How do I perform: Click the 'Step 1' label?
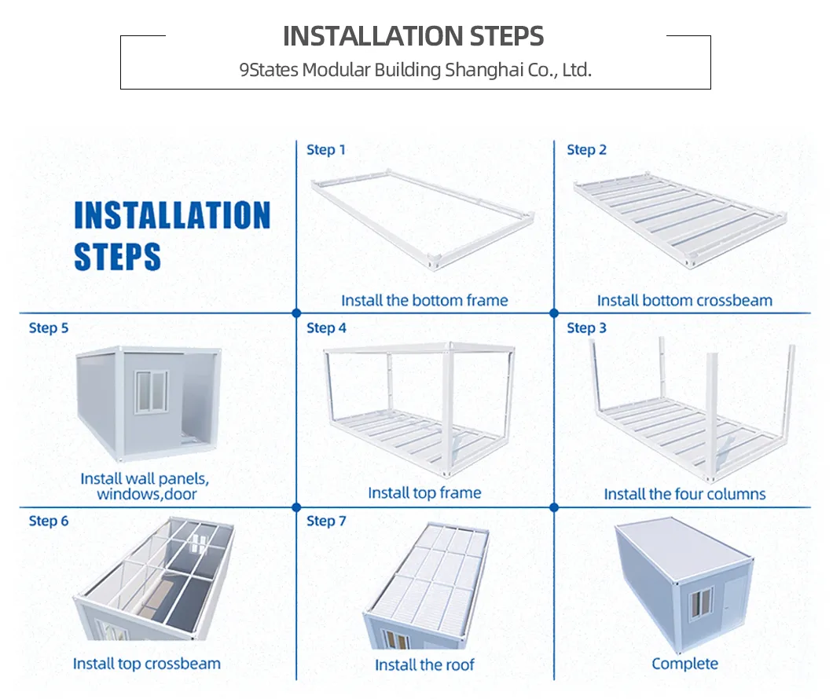tap(325, 150)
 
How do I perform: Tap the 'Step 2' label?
tap(586, 150)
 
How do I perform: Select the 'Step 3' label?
tap(586, 328)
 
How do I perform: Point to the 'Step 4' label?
tap(325, 328)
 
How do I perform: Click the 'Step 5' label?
tap(48, 328)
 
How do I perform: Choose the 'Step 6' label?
tap(48, 522)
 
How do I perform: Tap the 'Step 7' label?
tap(325, 522)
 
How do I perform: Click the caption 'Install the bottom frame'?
tap(424, 301)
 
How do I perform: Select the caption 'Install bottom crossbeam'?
tap(684, 301)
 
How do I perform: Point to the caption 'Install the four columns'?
tap(684, 495)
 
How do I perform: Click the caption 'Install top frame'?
tap(424, 493)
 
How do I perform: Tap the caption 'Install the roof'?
tap(424, 665)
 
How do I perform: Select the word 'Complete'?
tap(684, 664)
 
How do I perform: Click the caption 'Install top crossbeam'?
tap(146, 664)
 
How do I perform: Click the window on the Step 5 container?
tap(151, 392)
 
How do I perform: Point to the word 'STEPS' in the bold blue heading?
tap(117, 258)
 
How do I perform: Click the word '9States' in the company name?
tap(269, 70)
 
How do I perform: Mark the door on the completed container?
tap(732, 609)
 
